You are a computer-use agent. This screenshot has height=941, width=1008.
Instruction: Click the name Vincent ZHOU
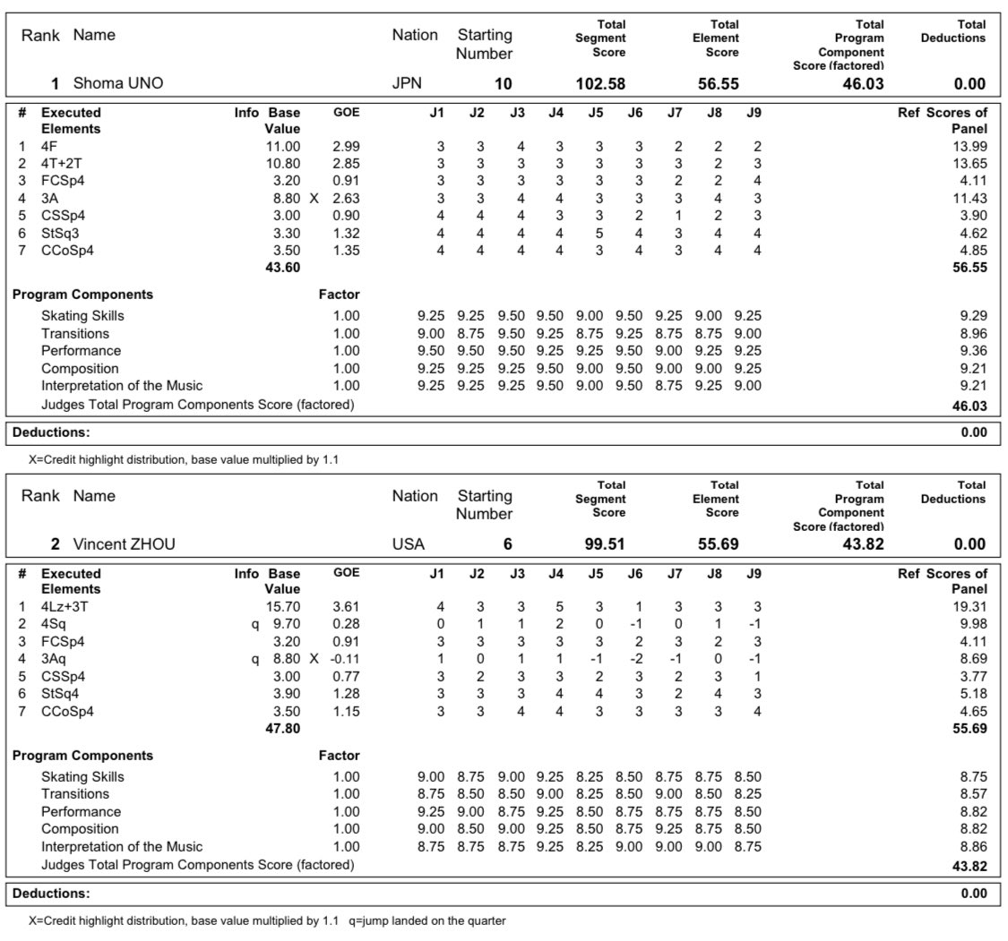pyautogui.click(x=124, y=544)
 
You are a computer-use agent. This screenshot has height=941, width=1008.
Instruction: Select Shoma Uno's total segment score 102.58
pyautogui.click(x=599, y=84)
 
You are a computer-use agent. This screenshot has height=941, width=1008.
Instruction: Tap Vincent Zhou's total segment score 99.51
pyautogui.click(x=605, y=544)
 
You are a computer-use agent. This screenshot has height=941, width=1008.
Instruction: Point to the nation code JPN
pyautogui.click(x=407, y=84)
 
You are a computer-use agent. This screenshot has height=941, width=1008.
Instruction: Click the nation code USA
pyautogui.click(x=408, y=544)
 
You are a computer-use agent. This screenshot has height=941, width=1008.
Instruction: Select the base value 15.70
pyautogui.click(x=282, y=606)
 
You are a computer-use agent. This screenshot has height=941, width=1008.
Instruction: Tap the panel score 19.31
pyautogui.click(x=969, y=606)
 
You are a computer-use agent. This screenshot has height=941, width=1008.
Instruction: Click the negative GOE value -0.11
pyautogui.click(x=346, y=658)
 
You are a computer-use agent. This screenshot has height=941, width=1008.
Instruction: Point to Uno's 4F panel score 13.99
pyautogui.click(x=969, y=146)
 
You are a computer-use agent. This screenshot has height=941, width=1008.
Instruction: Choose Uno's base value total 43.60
pyautogui.click(x=282, y=268)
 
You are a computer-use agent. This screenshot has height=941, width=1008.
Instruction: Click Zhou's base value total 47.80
pyautogui.click(x=282, y=729)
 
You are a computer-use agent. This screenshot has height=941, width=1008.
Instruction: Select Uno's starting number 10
pyautogui.click(x=504, y=84)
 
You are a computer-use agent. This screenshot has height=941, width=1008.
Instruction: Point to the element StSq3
pyautogui.click(x=61, y=233)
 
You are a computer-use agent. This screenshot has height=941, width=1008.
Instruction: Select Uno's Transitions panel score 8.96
pyautogui.click(x=972, y=333)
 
